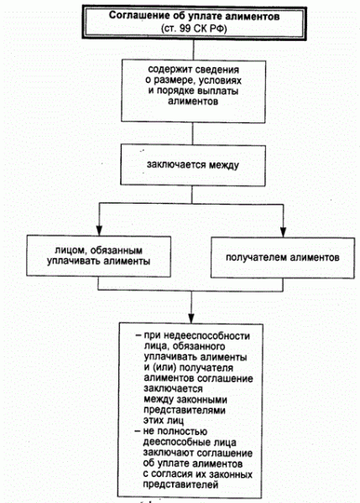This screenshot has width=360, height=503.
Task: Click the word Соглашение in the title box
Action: [x=135, y=16]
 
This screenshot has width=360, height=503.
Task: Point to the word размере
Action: [x=172, y=80]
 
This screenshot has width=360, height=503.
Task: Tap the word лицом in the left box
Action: [x=70, y=250]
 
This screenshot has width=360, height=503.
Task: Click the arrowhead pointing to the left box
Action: [x=99, y=231]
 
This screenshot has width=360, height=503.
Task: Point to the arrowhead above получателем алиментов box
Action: [x=283, y=232]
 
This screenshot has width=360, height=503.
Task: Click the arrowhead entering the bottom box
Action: [x=191, y=319]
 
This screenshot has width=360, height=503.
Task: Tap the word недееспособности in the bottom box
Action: [x=206, y=336]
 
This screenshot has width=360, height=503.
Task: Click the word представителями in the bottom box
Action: [x=185, y=410]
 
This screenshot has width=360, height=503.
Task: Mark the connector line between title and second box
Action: [x=193, y=50]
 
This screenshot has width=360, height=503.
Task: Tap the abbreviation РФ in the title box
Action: [x=217, y=29]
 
